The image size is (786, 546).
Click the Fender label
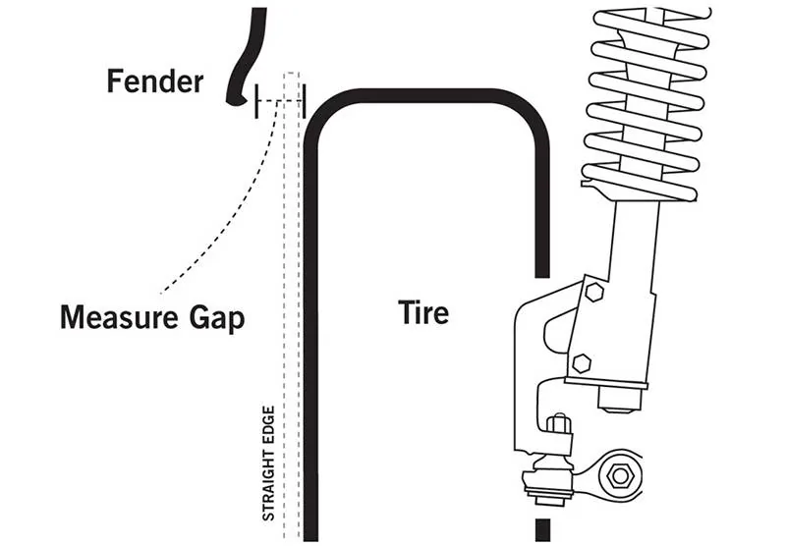[154, 81]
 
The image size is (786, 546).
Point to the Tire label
[423, 312]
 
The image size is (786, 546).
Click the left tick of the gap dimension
[256, 100]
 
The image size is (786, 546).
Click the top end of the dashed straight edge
[291, 75]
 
